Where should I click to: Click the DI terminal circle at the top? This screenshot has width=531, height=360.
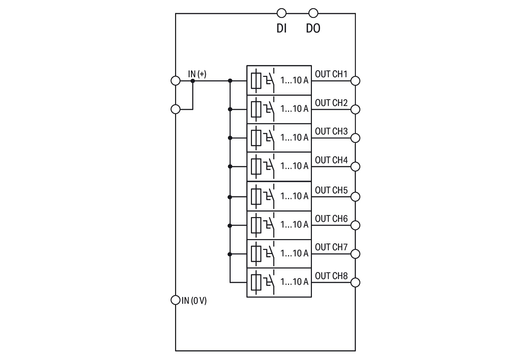281,13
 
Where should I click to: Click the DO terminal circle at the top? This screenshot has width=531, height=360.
314,13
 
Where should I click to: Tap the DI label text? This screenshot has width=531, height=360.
281,28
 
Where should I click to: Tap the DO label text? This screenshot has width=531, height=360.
313,28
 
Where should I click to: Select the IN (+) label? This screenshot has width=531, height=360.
197,74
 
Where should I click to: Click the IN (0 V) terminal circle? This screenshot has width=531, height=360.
175,300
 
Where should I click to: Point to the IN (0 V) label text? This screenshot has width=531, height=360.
194,300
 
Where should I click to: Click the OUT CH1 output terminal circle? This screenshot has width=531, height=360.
355,81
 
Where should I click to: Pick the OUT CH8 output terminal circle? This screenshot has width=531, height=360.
355,282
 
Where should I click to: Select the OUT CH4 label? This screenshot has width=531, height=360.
331,160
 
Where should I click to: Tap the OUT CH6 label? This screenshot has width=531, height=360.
331,219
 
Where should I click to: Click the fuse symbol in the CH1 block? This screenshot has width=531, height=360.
256,81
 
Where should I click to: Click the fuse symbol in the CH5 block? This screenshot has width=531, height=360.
256,196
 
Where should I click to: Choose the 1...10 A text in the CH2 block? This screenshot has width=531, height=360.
294,109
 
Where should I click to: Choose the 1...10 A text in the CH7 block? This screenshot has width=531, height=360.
294,253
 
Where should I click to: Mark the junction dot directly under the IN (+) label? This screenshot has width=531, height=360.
193,81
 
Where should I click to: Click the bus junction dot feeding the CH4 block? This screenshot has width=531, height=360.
230,166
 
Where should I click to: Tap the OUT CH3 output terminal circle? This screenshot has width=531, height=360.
355,138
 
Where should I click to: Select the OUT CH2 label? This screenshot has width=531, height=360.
331,103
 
